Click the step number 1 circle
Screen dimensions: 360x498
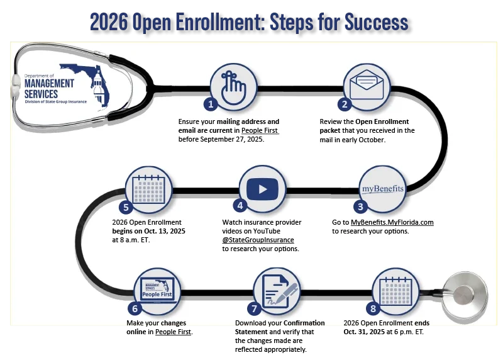click(211, 103)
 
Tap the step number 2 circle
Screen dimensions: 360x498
click(345, 104)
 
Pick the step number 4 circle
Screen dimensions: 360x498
click(240, 206)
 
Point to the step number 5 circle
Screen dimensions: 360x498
click(126, 206)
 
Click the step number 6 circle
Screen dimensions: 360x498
click(133, 308)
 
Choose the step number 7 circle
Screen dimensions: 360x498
click(254, 308)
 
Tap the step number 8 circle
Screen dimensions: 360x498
click(373, 308)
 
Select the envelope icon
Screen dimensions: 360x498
click(367, 87)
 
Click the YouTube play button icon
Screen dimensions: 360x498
click(262, 189)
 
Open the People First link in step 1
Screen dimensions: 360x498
click(260, 130)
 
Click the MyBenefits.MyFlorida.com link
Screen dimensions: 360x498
click(392, 222)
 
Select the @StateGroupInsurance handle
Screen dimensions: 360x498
click(258, 240)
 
